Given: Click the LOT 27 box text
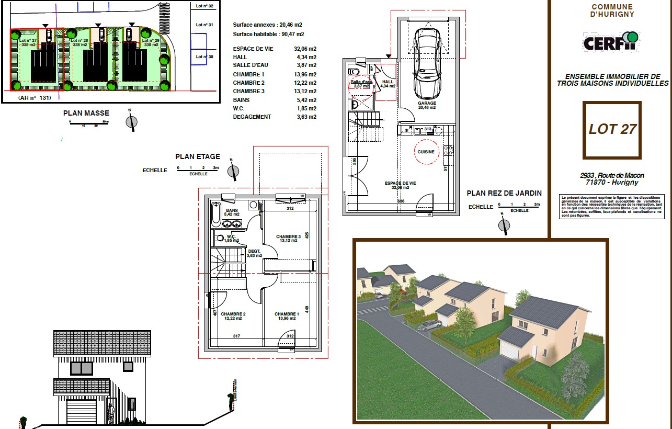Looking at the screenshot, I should tap(612, 129).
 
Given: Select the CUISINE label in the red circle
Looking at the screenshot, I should tap(426, 152).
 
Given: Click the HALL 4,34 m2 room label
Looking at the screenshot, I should tap(388, 84).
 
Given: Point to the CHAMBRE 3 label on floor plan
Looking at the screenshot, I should tap(288, 239).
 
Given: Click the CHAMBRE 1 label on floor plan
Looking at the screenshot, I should tap(287, 316).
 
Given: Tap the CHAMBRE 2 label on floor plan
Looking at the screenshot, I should tap(233, 316).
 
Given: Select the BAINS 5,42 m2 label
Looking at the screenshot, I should tap(232, 212).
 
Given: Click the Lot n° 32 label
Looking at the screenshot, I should tap(204, 6).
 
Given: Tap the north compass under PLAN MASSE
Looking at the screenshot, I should tap(132, 122).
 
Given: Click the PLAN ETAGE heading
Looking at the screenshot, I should tap(198, 156).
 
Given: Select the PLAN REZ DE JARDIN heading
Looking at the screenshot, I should tap(504, 193).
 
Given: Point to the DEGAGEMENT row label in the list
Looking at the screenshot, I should tap(252, 117).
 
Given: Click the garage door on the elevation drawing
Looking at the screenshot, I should tap(82, 412).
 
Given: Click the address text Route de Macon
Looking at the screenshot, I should tap(612, 176).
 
